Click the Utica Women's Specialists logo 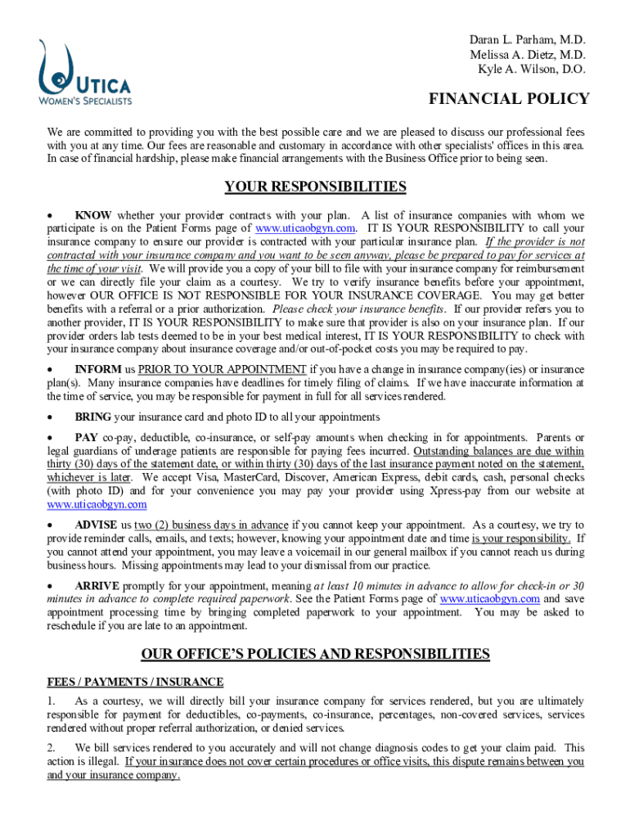pos(84,73)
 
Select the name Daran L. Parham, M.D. pos(527,40)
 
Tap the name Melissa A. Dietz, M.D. pos(527,55)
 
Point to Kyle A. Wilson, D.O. pos(532,70)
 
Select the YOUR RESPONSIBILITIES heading pos(315,187)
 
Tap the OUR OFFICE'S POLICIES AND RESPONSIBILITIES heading pos(315,653)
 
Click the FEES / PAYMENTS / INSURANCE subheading pos(135,682)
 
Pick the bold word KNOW pos(93,216)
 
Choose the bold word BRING pos(93,417)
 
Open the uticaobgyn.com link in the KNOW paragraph pos(306,228)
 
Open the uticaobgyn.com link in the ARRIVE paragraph pos(489,599)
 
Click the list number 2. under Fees pos(51,748)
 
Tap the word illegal pos(106,761)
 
